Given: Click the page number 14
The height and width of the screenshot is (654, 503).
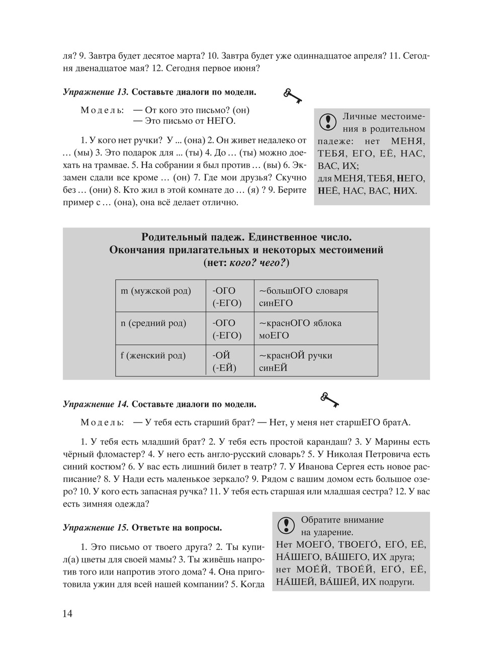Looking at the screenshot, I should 67,613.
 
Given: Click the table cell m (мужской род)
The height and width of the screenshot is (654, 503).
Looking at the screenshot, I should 156,291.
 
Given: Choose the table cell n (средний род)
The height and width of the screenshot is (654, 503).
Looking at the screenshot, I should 153,323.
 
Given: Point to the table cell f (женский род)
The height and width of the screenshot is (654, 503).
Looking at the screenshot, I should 153,356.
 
